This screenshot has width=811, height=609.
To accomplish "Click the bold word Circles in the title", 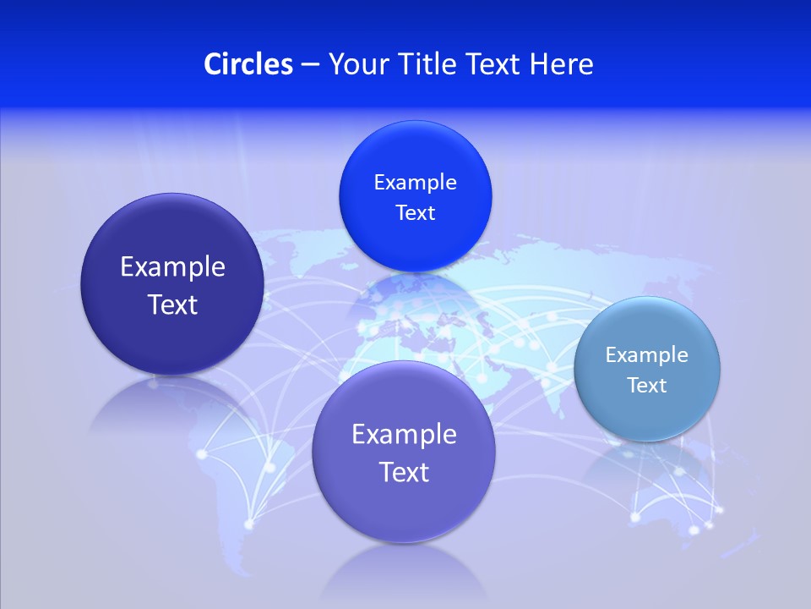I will click(x=248, y=64).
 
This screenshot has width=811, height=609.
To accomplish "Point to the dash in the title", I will click(x=309, y=65).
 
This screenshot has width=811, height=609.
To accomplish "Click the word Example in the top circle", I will click(x=415, y=183).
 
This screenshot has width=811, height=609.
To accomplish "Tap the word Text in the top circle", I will click(x=415, y=213).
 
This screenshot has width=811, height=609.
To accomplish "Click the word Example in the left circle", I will click(x=172, y=267).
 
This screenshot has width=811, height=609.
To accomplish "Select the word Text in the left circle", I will click(x=172, y=304).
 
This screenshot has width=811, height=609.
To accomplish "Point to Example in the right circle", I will click(x=647, y=355).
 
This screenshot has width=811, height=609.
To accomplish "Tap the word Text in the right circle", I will click(x=647, y=386).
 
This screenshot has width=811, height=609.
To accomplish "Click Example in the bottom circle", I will click(x=404, y=435).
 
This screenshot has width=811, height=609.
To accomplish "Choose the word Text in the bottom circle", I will click(x=404, y=472).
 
